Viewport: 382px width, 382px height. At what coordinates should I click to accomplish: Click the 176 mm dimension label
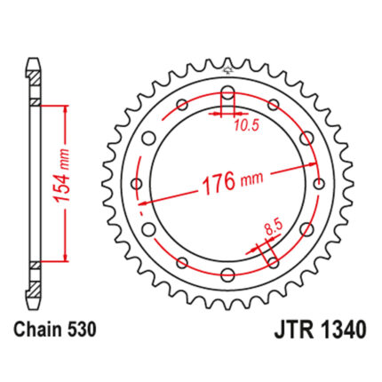coord(232,182)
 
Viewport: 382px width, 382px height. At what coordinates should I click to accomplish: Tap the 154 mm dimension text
coord(61,176)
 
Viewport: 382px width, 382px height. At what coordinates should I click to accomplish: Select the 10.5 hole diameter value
coord(247,125)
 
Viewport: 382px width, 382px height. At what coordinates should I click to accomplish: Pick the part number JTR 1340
coord(320,330)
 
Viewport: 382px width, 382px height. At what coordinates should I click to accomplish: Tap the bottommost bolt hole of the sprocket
coord(227,275)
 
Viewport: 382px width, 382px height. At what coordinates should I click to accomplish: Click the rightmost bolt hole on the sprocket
coord(319,184)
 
